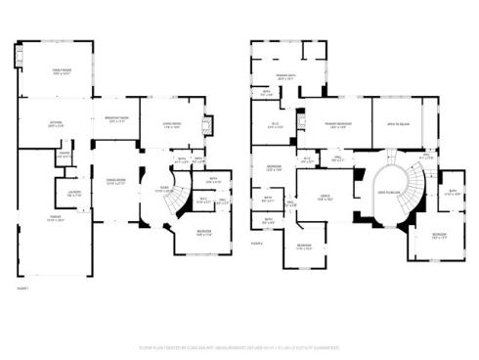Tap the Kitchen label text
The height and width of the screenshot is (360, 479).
57,123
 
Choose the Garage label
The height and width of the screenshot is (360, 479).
57,220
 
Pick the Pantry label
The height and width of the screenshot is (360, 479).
64,155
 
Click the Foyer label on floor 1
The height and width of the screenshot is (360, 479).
166,190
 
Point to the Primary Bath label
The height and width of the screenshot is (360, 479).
285,76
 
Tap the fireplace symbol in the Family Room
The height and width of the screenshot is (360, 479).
16,58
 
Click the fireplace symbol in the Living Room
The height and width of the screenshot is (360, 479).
206,124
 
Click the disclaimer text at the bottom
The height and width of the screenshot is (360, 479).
239,346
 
